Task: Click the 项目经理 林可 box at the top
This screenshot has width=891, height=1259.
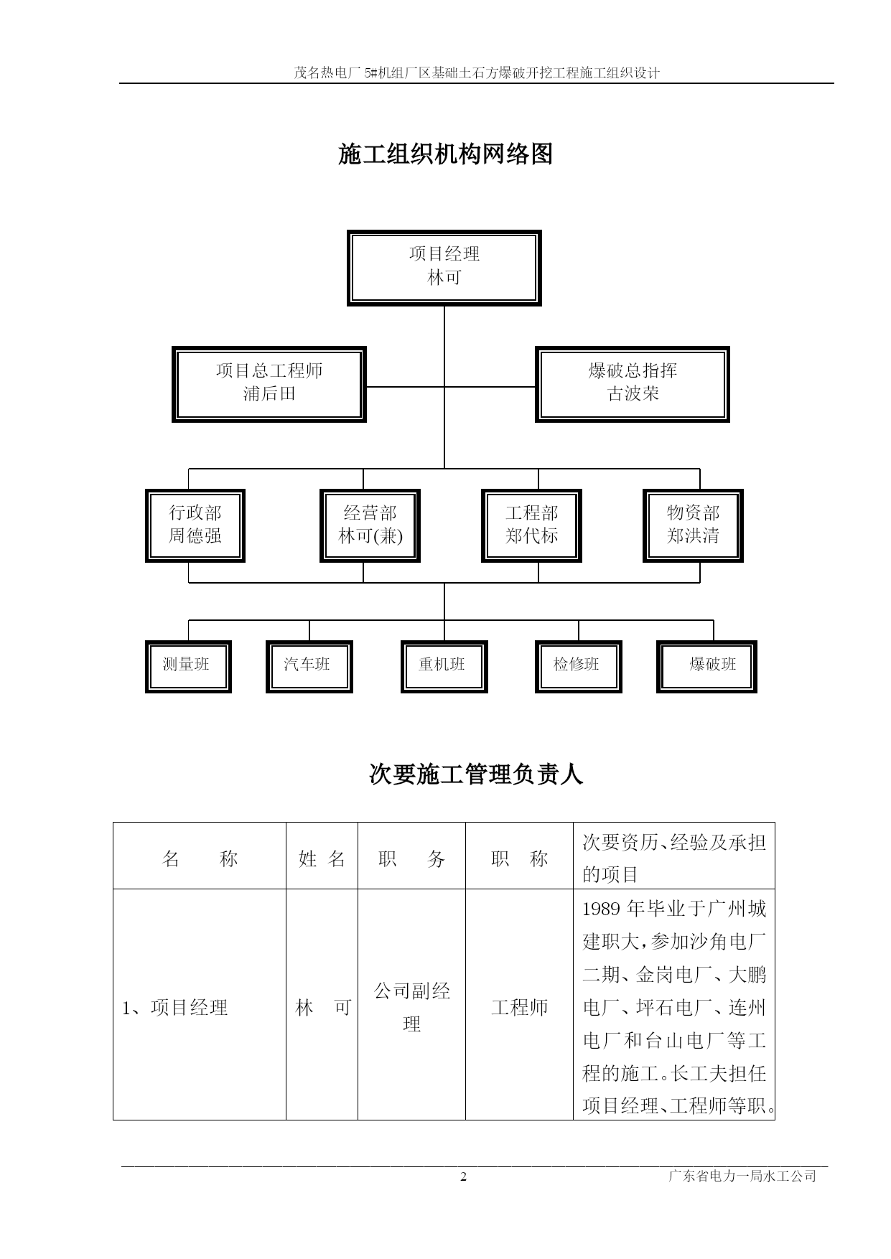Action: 444,268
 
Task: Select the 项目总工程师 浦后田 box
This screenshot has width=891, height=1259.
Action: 269,384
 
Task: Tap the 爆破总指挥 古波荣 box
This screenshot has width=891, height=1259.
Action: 633,384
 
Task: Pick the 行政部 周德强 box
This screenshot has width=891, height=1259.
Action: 195,525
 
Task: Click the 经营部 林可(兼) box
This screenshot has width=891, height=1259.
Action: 370,525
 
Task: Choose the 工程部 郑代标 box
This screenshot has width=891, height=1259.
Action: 531,525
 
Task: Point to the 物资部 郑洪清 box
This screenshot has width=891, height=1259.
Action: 693,525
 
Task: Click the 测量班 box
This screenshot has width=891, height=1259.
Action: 188,666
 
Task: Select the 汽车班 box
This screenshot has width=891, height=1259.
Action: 309,666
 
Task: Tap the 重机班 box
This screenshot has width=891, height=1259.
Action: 444,666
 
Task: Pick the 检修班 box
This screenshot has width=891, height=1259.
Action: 578,666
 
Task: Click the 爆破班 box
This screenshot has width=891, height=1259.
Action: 706,666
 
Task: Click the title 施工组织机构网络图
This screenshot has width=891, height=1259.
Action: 445,154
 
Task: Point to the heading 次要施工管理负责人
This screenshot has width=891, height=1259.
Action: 476,774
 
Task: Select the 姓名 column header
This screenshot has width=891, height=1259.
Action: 322,858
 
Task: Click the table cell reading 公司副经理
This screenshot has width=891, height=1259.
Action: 411,1007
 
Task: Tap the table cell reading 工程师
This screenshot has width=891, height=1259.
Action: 519,1008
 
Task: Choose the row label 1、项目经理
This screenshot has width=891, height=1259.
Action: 174,1008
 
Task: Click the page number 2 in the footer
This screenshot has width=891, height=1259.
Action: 463,1176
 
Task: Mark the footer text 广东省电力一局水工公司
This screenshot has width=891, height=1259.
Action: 742,1176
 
